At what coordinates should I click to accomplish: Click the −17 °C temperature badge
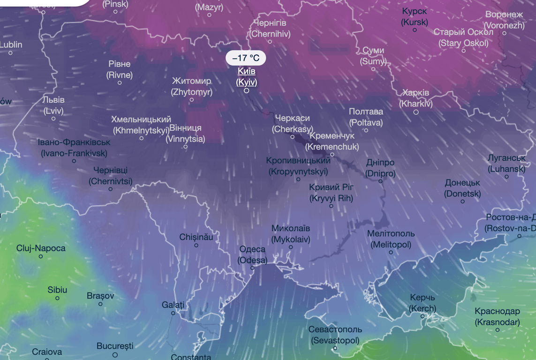click(246, 58)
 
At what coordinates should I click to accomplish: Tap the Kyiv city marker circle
click(247, 90)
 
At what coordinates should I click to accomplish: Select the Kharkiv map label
click(416, 98)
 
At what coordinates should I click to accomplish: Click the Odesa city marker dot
click(252, 268)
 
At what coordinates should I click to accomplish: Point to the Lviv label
click(53, 105)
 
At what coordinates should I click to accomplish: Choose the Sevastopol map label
click(335, 335)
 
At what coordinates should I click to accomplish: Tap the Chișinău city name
click(196, 237)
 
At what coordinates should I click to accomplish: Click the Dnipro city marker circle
click(380, 181)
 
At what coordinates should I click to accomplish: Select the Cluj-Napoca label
click(41, 248)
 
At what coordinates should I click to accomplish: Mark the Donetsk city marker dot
click(462, 202)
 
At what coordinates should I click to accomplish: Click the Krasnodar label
click(497, 316)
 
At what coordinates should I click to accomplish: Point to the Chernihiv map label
click(270, 28)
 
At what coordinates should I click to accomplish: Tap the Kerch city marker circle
click(422, 316)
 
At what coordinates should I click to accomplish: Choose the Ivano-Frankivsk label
click(74, 147)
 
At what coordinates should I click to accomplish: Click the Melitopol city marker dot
click(391, 252)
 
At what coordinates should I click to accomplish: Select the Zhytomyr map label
click(191, 86)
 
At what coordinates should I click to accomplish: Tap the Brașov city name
click(100, 296)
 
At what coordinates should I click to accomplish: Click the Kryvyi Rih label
click(331, 193)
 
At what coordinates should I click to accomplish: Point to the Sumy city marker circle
click(373, 69)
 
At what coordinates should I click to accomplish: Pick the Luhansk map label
click(506, 163)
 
